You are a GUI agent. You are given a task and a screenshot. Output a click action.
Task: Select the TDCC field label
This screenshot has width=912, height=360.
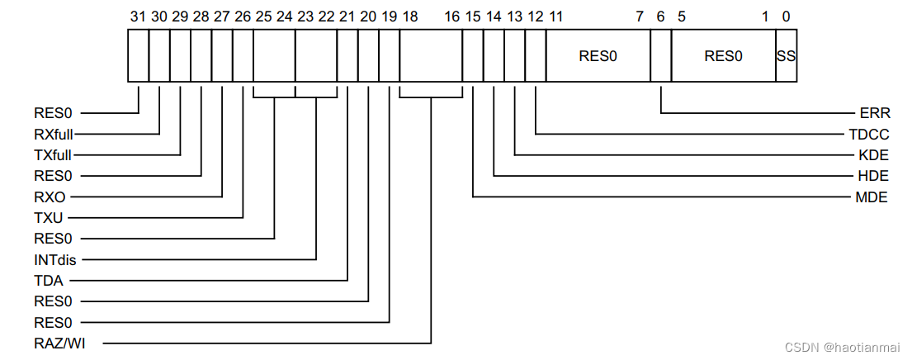tap(870, 134)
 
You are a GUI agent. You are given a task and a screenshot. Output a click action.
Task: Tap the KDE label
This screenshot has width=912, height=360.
tap(873, 154)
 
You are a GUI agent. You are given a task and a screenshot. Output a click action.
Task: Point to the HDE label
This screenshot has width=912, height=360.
tap(873, 176)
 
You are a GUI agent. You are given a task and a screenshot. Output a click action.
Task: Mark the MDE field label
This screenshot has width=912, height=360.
tap(873, 197)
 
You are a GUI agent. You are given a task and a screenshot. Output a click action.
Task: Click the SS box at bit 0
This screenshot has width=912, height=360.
tap(787, 56)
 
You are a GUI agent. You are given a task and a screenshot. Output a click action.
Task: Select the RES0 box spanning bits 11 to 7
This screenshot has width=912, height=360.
tap(598, 56)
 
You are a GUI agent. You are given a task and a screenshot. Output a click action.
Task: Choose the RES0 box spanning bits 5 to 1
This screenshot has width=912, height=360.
tap(723, 56)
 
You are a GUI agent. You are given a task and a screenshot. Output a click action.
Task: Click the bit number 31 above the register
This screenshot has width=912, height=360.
tap(138, 15)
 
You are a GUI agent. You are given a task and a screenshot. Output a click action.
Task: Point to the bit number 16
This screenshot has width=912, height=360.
tap(451, 15)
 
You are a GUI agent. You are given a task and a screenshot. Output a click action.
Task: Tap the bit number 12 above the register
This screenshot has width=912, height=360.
tap(536, 15)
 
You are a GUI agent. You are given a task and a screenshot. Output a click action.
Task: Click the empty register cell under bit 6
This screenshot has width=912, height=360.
tap(661, 56)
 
